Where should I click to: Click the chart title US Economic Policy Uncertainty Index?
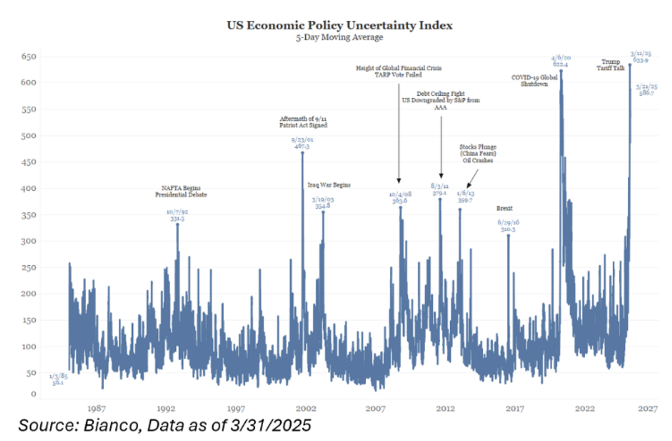(x=337, y=25)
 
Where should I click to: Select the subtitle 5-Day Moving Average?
(x=336, y=37)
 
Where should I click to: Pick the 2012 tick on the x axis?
(x=445, y=410)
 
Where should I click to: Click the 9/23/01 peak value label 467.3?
(x=302, y=146)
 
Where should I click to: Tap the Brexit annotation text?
(x=505, y=208)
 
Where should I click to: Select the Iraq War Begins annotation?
(x=329, y=185)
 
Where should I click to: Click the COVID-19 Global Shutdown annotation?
(x=534, y=81)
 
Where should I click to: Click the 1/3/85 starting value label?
(x=57, y=379)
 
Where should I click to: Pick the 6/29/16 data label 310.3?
(x=508, y=229)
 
